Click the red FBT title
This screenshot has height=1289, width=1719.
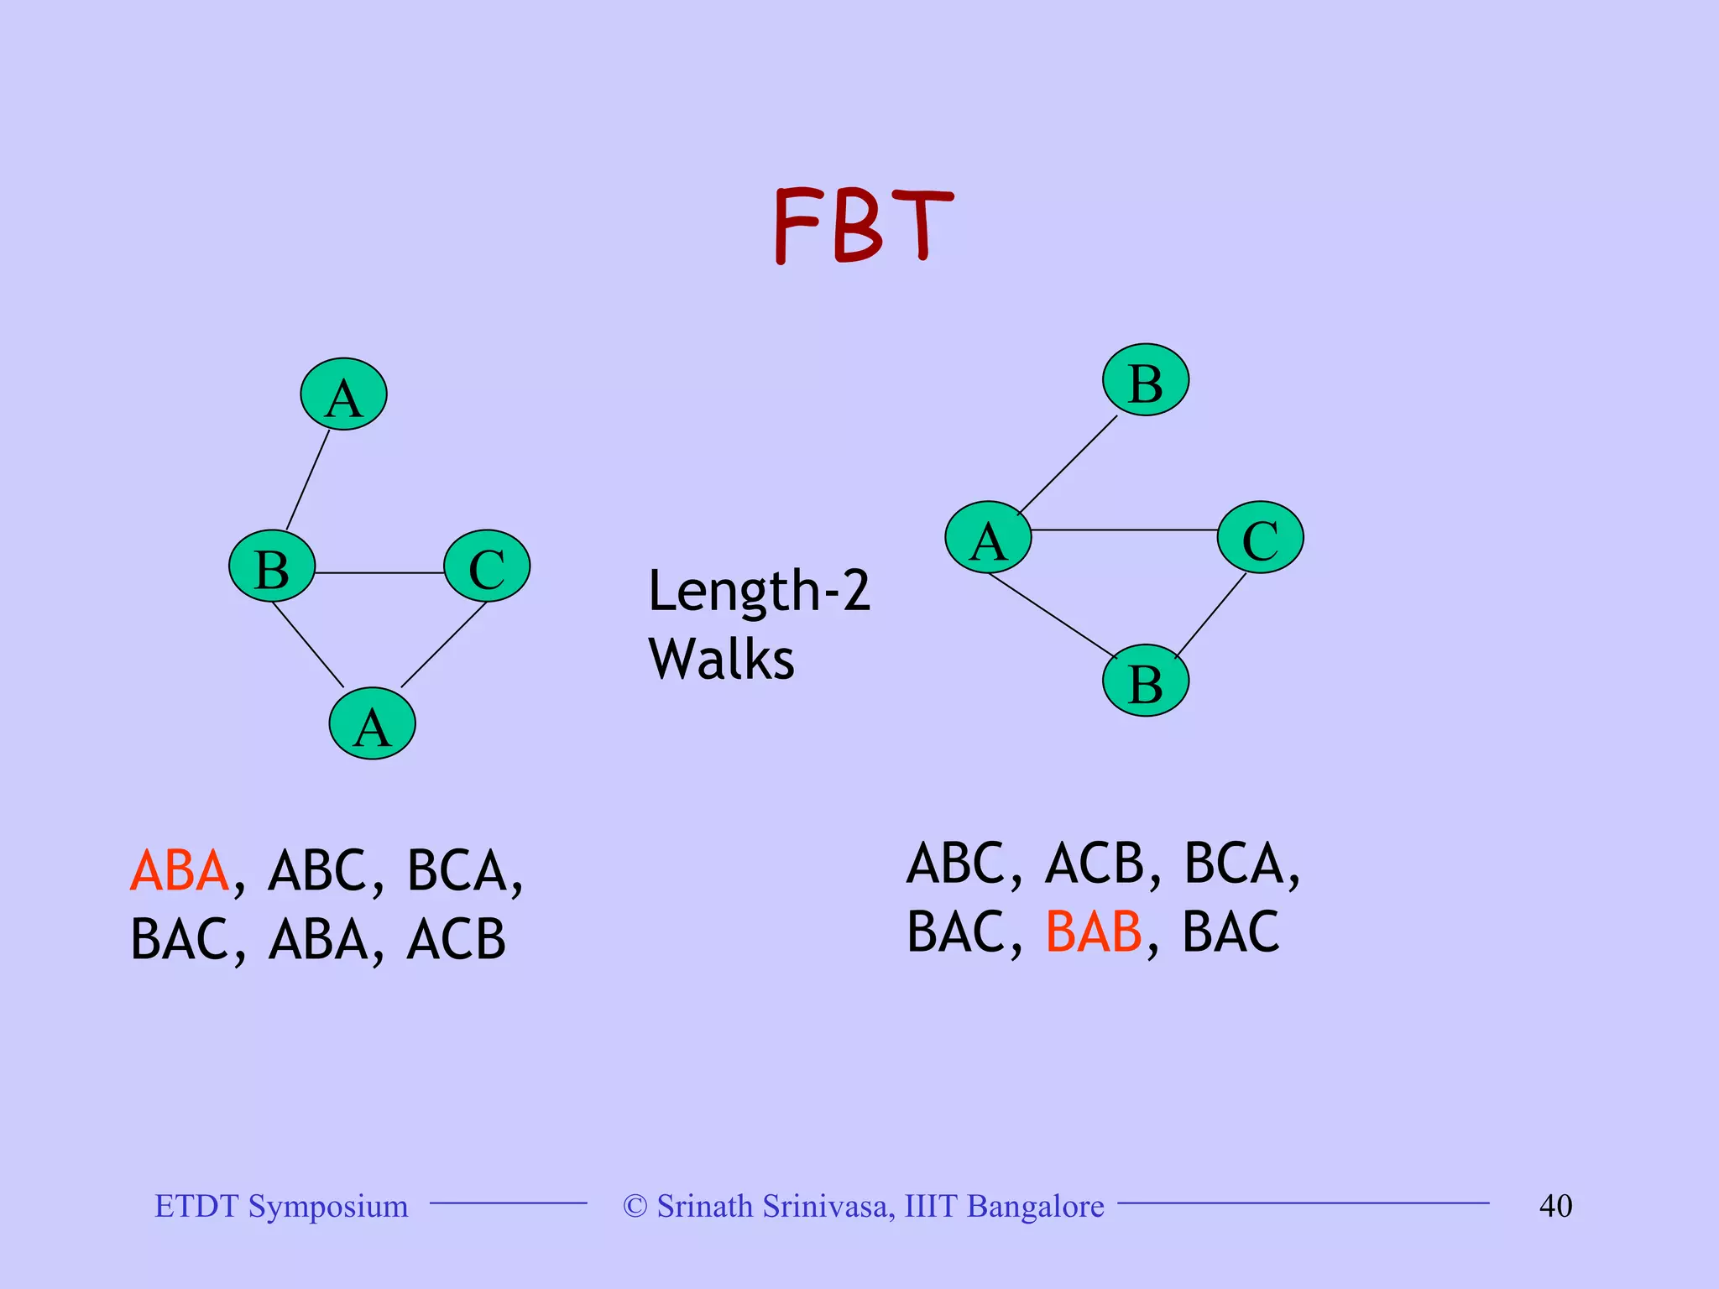862,225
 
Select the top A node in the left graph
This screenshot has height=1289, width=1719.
343,394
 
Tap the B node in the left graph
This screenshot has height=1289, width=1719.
272,566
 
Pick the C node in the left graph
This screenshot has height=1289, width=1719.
487,566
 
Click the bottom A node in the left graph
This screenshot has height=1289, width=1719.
372,723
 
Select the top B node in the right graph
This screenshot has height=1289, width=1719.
1146,380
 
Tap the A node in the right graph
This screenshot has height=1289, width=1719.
988,538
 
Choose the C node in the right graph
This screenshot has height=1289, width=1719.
1260,538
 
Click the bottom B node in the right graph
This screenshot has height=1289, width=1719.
1146,681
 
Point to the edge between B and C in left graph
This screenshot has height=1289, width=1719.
379,572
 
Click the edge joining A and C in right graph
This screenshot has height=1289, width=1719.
1124,530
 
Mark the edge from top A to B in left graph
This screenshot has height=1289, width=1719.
308,479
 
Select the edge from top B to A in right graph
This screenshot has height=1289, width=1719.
1068,465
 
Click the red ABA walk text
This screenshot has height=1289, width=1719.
180,870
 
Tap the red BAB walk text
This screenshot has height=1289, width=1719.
1094,932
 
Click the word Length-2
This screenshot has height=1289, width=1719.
759,591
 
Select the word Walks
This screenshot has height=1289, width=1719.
721,660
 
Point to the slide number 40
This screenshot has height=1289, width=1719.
1555,1206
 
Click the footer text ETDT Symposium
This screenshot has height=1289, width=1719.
281,1206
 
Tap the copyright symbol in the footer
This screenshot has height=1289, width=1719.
635,1207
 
